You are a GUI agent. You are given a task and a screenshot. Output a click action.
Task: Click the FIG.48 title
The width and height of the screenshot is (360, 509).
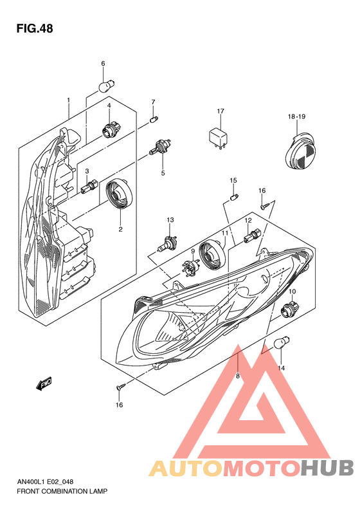35,29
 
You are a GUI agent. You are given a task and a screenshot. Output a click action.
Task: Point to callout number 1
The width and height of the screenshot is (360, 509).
67,100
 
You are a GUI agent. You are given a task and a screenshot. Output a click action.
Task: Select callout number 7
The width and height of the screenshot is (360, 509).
153,102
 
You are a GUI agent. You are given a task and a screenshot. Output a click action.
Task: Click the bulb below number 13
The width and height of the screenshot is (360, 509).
168,245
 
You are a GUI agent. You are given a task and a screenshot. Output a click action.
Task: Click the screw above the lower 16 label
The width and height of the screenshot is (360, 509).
119,387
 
